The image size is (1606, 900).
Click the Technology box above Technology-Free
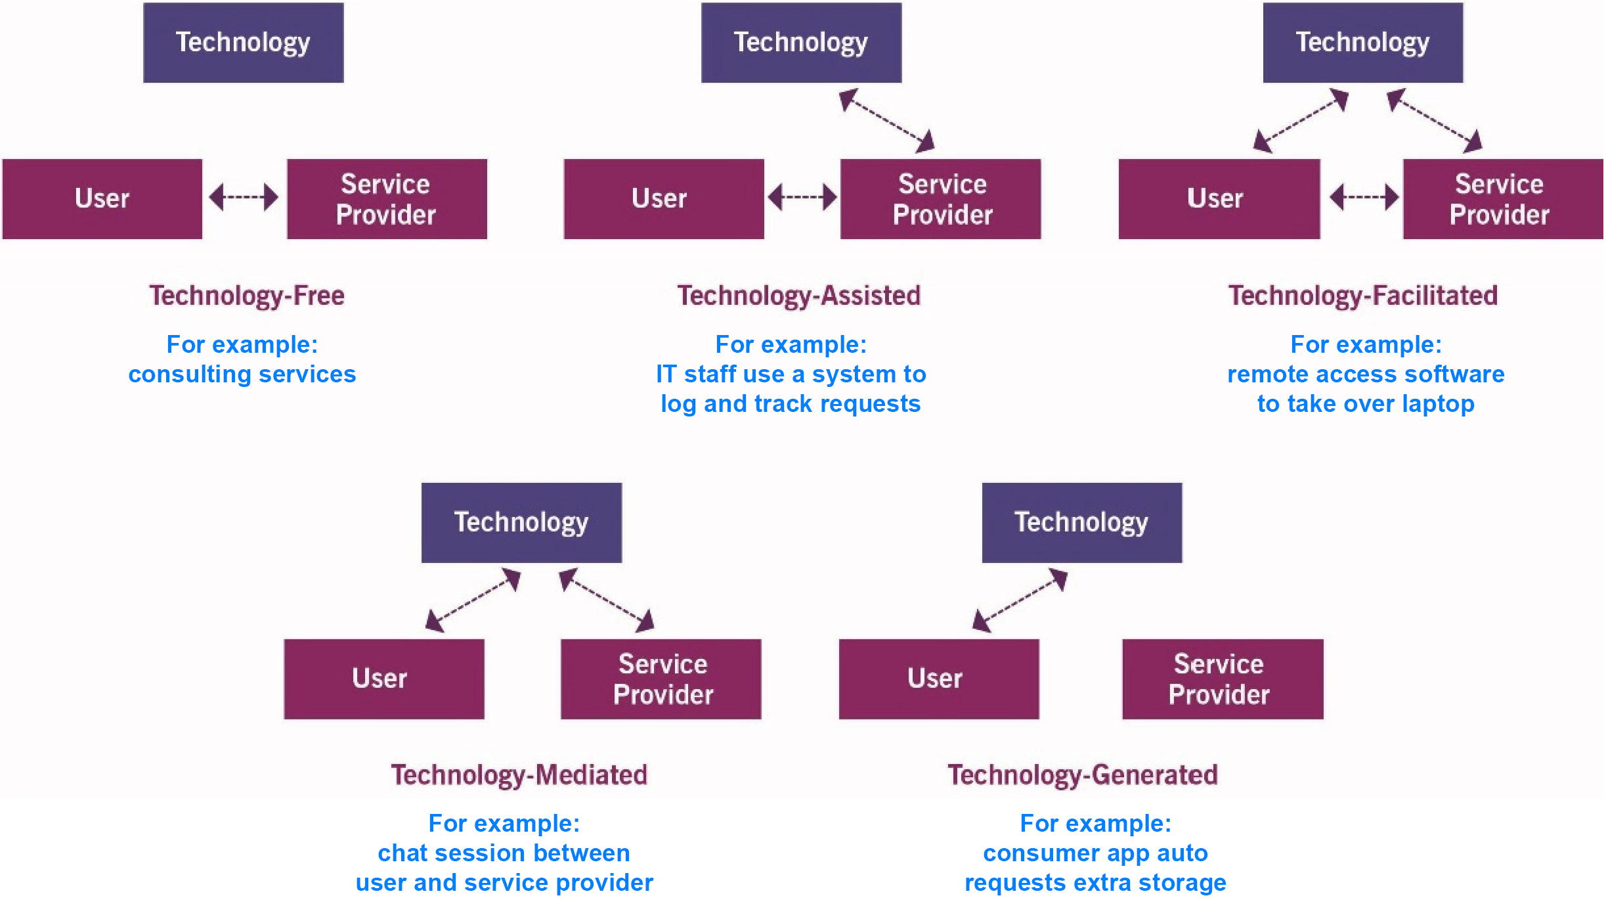(243, 43)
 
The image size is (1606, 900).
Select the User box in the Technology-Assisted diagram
(663, 198)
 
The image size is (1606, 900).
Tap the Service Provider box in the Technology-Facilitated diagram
(1502, 198)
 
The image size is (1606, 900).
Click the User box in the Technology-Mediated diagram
(383, 679)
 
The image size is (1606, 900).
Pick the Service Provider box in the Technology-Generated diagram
(1222, 679)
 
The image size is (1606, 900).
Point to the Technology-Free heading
(246, 296)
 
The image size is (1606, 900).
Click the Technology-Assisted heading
(798, 296)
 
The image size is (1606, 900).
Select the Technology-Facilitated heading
(1363, 296)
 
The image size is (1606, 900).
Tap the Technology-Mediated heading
(519, 775)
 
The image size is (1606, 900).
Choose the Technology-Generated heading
(1082, 775)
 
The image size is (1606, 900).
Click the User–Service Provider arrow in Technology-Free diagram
(244, 196)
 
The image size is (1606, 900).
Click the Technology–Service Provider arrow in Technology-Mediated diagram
(606, 600)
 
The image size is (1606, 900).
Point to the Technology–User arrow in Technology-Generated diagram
(1020, 600)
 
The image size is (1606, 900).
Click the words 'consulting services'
(242, 374)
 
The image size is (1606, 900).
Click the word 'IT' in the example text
(666, 374)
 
